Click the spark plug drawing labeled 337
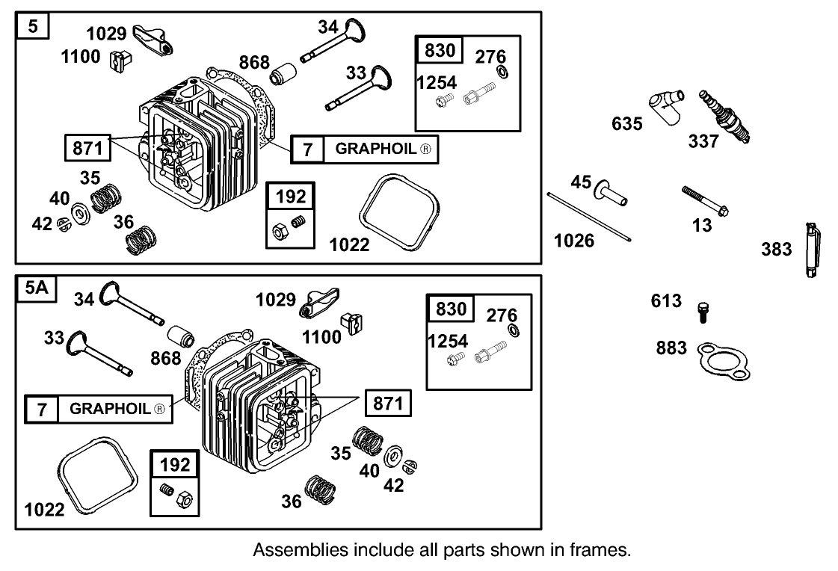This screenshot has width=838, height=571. click(x=724, y=117)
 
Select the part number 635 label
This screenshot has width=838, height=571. click(x=626, y=123)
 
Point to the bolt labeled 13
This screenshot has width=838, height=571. click(x=706, y=200)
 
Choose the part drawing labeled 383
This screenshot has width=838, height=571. click(x=810, y=250)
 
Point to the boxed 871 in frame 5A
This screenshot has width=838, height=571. click(x=388, y=404)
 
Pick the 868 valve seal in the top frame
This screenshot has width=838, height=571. click(x=285, y=75)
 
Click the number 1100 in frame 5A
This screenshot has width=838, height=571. click(x=321, y=336)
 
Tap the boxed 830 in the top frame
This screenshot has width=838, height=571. click(x=440, y=51)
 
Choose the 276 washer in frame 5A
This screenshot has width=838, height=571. click(x=512, y=330)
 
